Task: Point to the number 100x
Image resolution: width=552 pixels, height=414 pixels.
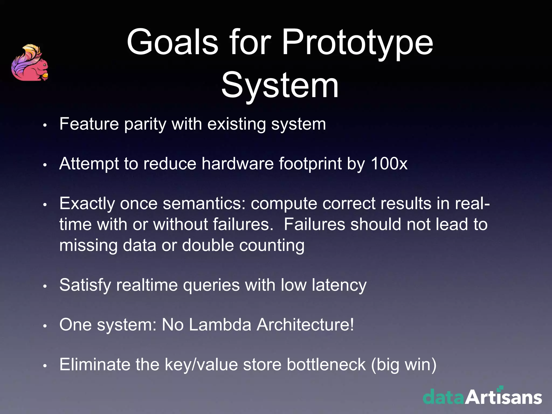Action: coord(389,164)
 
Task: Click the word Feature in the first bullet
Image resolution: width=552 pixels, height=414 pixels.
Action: coord(89,124)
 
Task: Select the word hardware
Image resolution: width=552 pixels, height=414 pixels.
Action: coord(237,164)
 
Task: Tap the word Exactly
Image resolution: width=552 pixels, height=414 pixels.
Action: coord(87,204)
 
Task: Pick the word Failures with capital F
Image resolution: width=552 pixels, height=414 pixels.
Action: coord(314,224)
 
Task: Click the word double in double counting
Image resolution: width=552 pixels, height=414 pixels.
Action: coord(208,245)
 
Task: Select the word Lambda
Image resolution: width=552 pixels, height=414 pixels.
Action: coord(220,325)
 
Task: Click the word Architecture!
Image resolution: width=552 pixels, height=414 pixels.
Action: coord(305,325)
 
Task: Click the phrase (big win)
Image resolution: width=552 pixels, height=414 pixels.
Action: coord(403,365)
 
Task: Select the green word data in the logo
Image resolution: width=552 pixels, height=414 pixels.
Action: coord(444,397)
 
